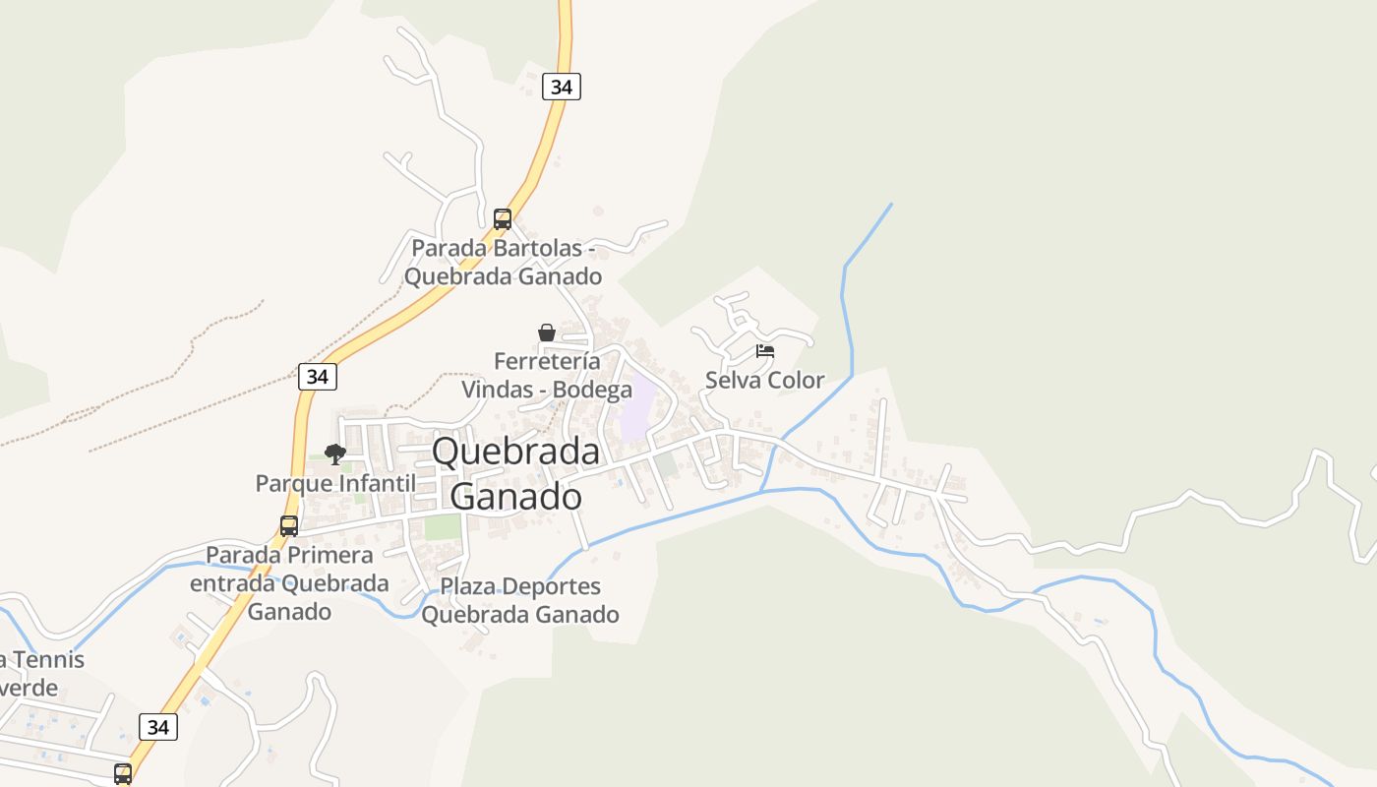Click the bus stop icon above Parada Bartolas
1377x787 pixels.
503,218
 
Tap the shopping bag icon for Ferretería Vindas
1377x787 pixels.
547,333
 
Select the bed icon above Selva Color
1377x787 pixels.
765,351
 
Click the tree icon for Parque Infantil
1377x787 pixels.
335,454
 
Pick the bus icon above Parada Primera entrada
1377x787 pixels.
289,525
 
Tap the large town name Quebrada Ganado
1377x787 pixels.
516,473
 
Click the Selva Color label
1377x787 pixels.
765,380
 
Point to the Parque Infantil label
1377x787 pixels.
335,483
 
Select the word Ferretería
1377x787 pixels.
547,361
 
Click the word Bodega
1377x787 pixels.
592,390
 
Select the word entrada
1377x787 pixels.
232,583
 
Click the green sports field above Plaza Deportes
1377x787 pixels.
443,526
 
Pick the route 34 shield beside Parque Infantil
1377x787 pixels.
318,376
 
